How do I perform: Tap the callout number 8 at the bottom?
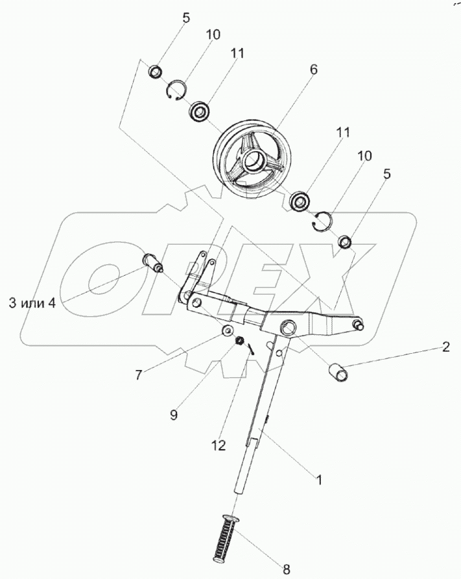(x=286, y=570)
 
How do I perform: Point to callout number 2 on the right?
(x=445, y=347)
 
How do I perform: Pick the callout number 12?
(x=219, y=445)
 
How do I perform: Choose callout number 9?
(x=174, y=413)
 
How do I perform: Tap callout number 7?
(x=137, y=375)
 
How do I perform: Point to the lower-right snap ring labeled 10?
(x=322, y=221)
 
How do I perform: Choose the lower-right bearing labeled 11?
(x=300, y=201)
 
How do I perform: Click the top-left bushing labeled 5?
(x=156, y=71)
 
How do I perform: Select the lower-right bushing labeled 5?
(x=346, y=242)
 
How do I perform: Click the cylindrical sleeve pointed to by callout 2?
(x=338, y=373)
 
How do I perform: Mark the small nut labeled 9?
(x=239, y=341)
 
